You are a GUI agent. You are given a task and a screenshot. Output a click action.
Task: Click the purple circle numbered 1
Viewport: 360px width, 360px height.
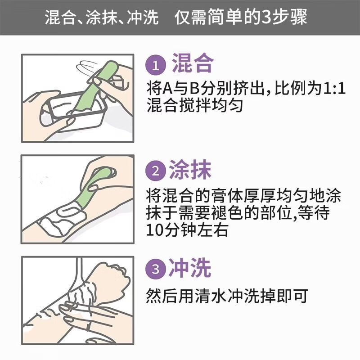point(156,66)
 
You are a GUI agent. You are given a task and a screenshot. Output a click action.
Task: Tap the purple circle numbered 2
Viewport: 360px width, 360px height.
point(156,171)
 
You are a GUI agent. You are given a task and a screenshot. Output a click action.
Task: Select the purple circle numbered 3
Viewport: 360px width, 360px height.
point(156,269)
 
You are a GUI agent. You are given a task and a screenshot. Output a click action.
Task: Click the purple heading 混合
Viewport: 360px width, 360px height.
point(193,63)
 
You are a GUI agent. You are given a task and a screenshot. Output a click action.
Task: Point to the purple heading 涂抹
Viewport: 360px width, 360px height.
point(190,170)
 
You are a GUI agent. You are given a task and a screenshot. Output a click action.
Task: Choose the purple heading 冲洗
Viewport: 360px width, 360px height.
point(190,268)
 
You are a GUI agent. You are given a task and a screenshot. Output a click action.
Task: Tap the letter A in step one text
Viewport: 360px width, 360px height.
point(167,89)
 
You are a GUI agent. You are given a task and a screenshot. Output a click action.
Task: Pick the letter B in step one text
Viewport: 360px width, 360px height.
point(194,89)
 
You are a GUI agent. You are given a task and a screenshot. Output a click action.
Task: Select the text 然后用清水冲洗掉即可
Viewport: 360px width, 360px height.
point(227,296)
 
